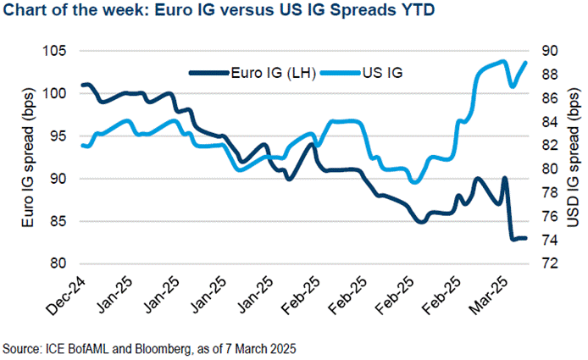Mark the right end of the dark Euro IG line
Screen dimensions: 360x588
(525, 238)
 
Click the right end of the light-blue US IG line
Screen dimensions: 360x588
(526, 62)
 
